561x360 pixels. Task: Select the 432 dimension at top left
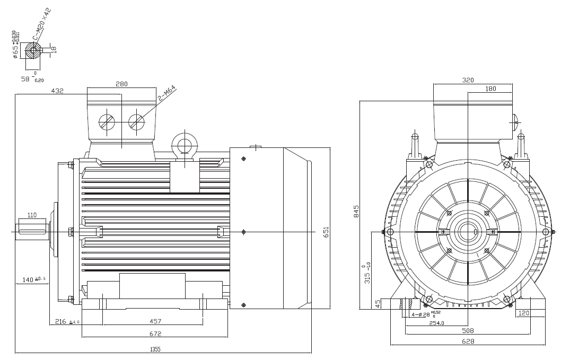[57, 91]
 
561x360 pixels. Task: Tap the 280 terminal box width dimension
[121, 84]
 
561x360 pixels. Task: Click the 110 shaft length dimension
[31, 215]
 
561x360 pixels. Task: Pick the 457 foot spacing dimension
[155, 321]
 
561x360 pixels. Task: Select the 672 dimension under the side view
[155, 334]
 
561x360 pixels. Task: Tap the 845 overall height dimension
[356, 212]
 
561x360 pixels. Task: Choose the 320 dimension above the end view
[468, 81]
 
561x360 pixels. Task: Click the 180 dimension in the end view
[490, 89]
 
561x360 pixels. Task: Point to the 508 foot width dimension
[468, 330]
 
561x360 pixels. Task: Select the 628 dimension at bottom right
[468, 342]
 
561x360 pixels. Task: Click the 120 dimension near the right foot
[524, 313]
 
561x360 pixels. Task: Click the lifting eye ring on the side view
[185, 144]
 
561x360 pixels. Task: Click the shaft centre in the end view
[468, 232]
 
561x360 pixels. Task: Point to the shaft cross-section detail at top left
[33, 51]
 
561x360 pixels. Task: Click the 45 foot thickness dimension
[378, 303]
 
